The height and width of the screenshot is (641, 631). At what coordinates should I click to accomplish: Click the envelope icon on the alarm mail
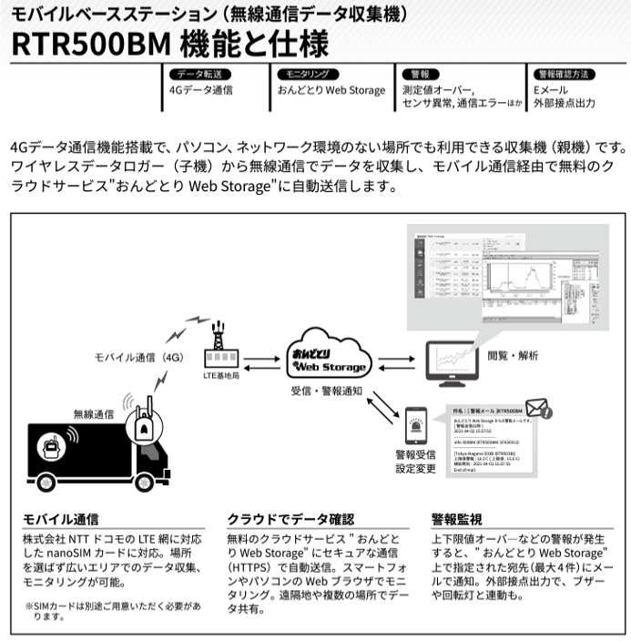point(538,407)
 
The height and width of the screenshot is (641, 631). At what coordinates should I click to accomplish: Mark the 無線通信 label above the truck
point(94,413)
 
